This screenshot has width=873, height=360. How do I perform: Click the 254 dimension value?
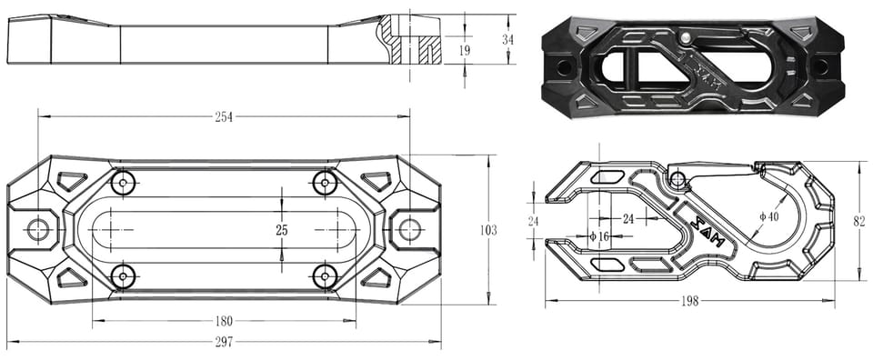224,117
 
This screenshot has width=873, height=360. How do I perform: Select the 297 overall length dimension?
224,341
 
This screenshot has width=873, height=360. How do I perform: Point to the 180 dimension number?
224,321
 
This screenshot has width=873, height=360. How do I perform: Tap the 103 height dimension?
488,230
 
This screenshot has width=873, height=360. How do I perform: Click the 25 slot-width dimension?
282,230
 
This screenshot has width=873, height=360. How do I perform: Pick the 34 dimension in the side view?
507,39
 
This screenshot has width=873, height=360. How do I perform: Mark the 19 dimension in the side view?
465,50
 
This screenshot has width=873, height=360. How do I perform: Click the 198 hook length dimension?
689,301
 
